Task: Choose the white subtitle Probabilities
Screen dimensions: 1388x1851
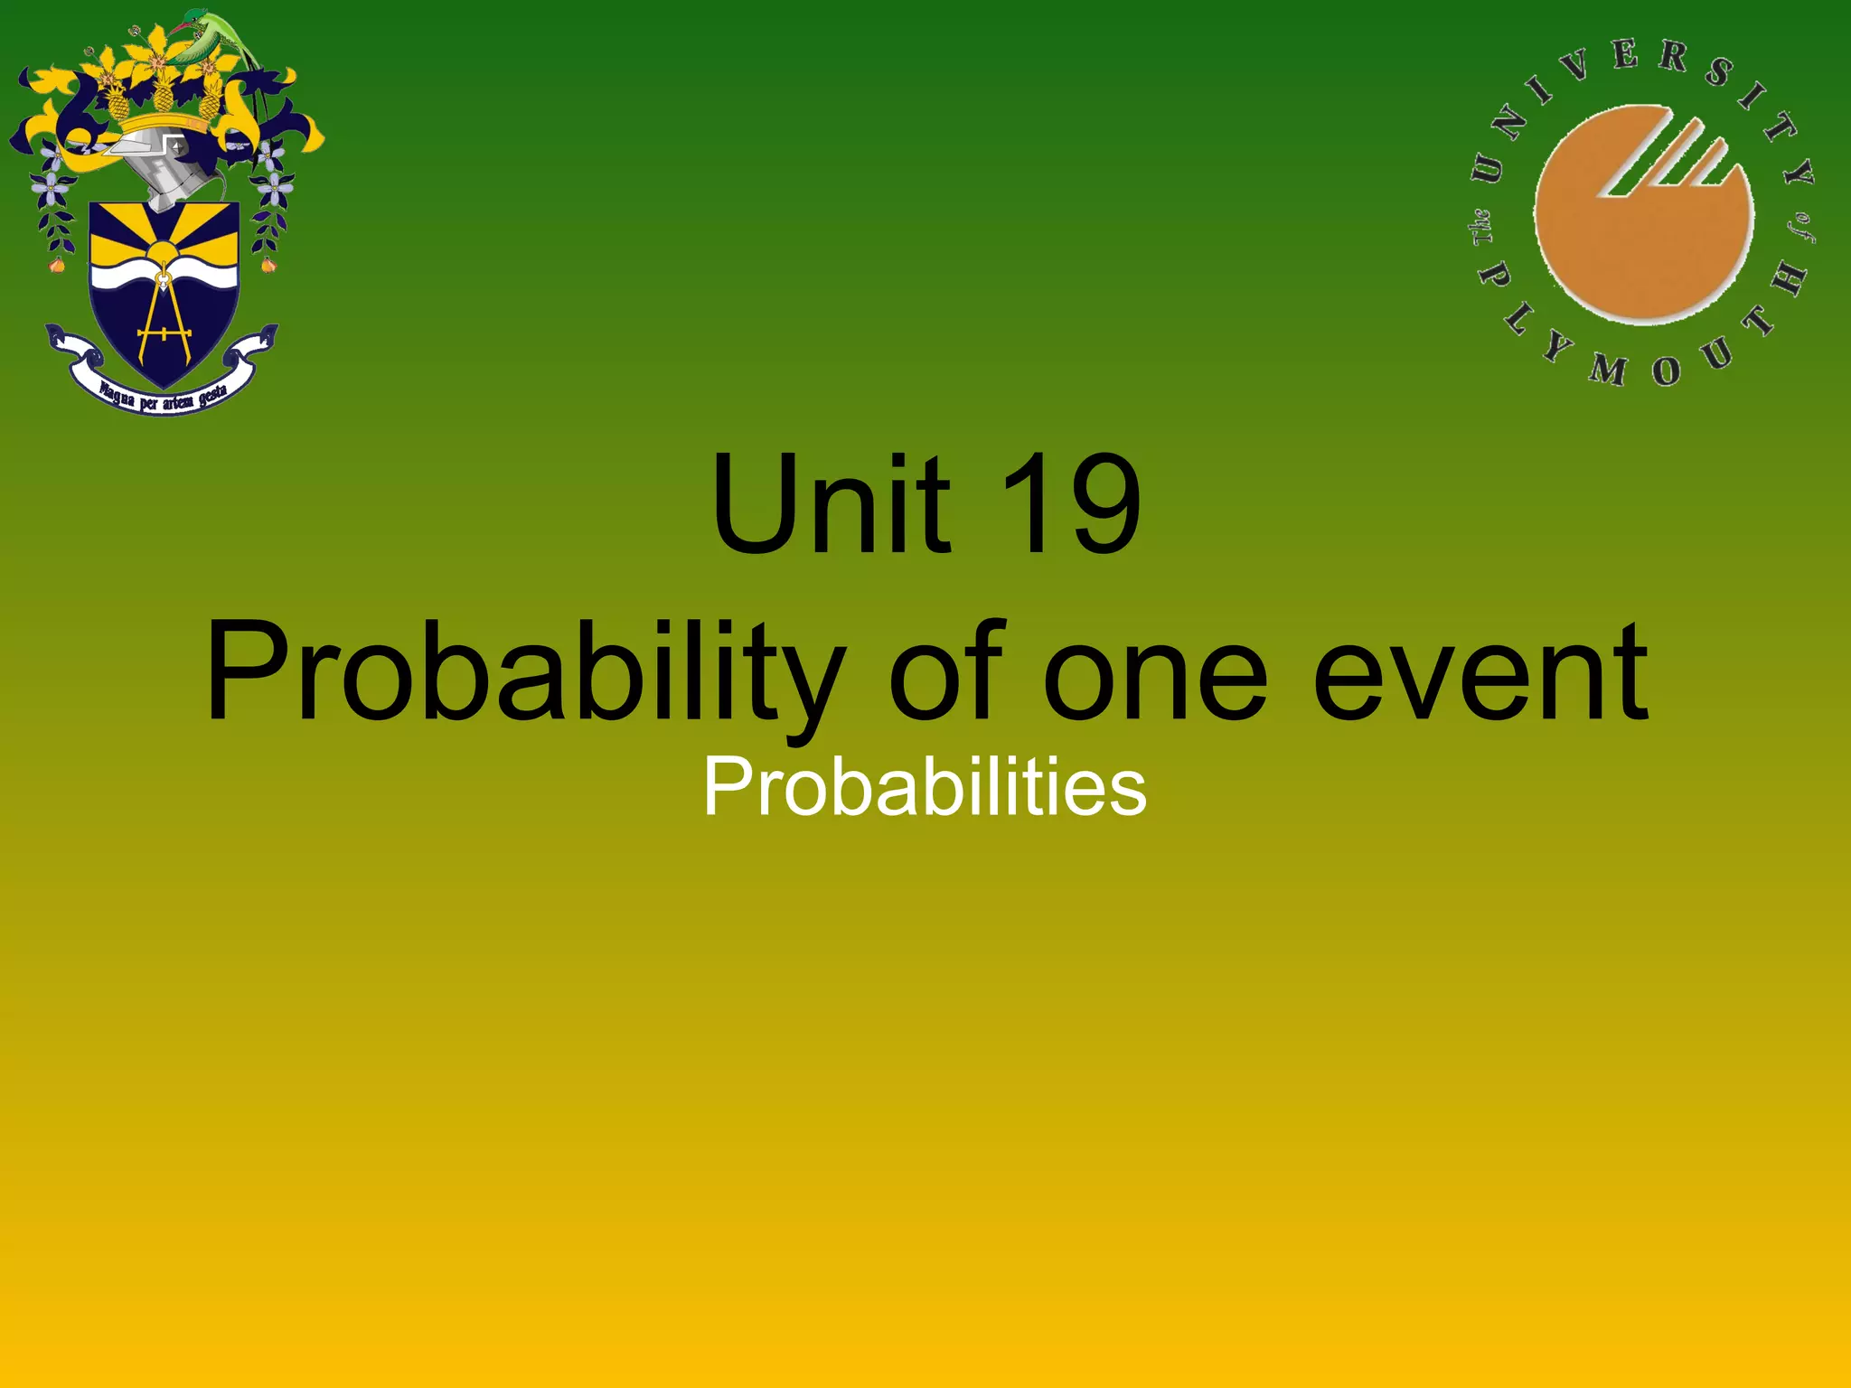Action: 925,787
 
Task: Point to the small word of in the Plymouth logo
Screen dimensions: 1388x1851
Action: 1800,229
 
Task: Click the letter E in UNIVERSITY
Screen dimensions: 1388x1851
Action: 1625,56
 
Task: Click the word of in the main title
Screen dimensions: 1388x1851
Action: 946,673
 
